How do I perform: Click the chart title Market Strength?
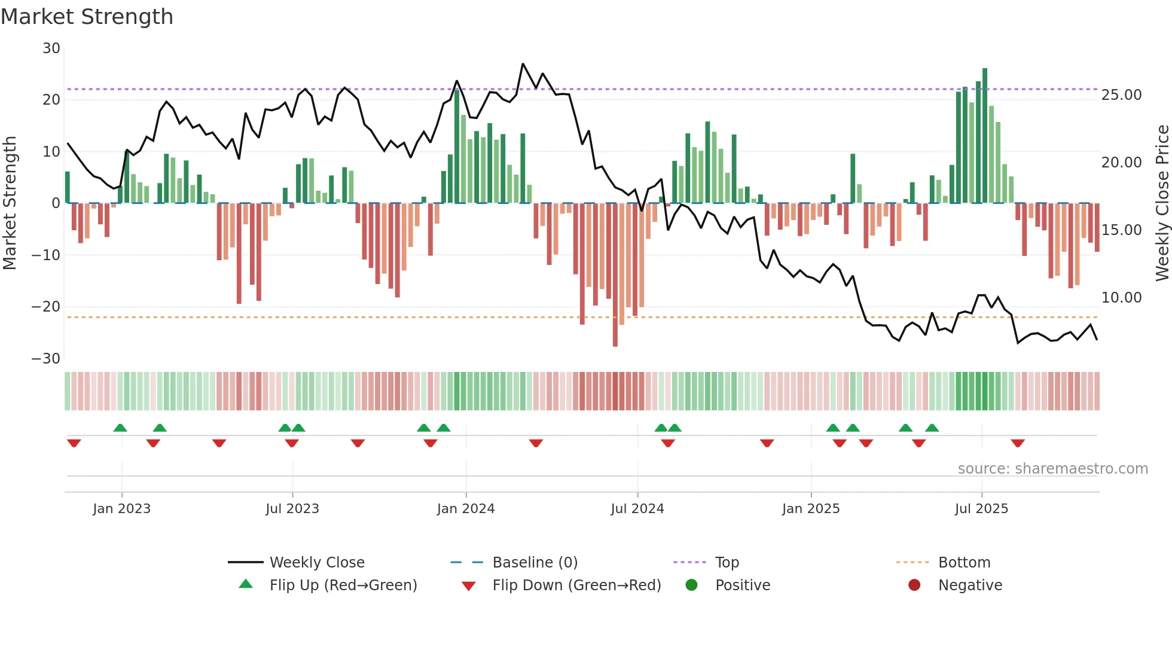click(87, 17)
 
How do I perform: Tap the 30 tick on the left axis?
click(51, 48)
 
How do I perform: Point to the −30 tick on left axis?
click(46, 359)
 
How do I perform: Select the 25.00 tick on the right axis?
click(1121, 95)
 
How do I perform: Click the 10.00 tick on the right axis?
click(1121, 298)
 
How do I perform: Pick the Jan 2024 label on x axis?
click(466, 509)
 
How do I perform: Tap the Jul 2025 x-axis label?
click(981, 509)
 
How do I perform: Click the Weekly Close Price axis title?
click(1162, 203)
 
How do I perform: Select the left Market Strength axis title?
click(10, 203)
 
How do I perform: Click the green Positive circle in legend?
click(692, 585)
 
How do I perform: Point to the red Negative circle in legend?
click(914, 585)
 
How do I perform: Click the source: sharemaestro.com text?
click(1052, 469)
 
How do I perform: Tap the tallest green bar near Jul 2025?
click(985, 135)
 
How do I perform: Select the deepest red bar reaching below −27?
click(615, 275)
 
